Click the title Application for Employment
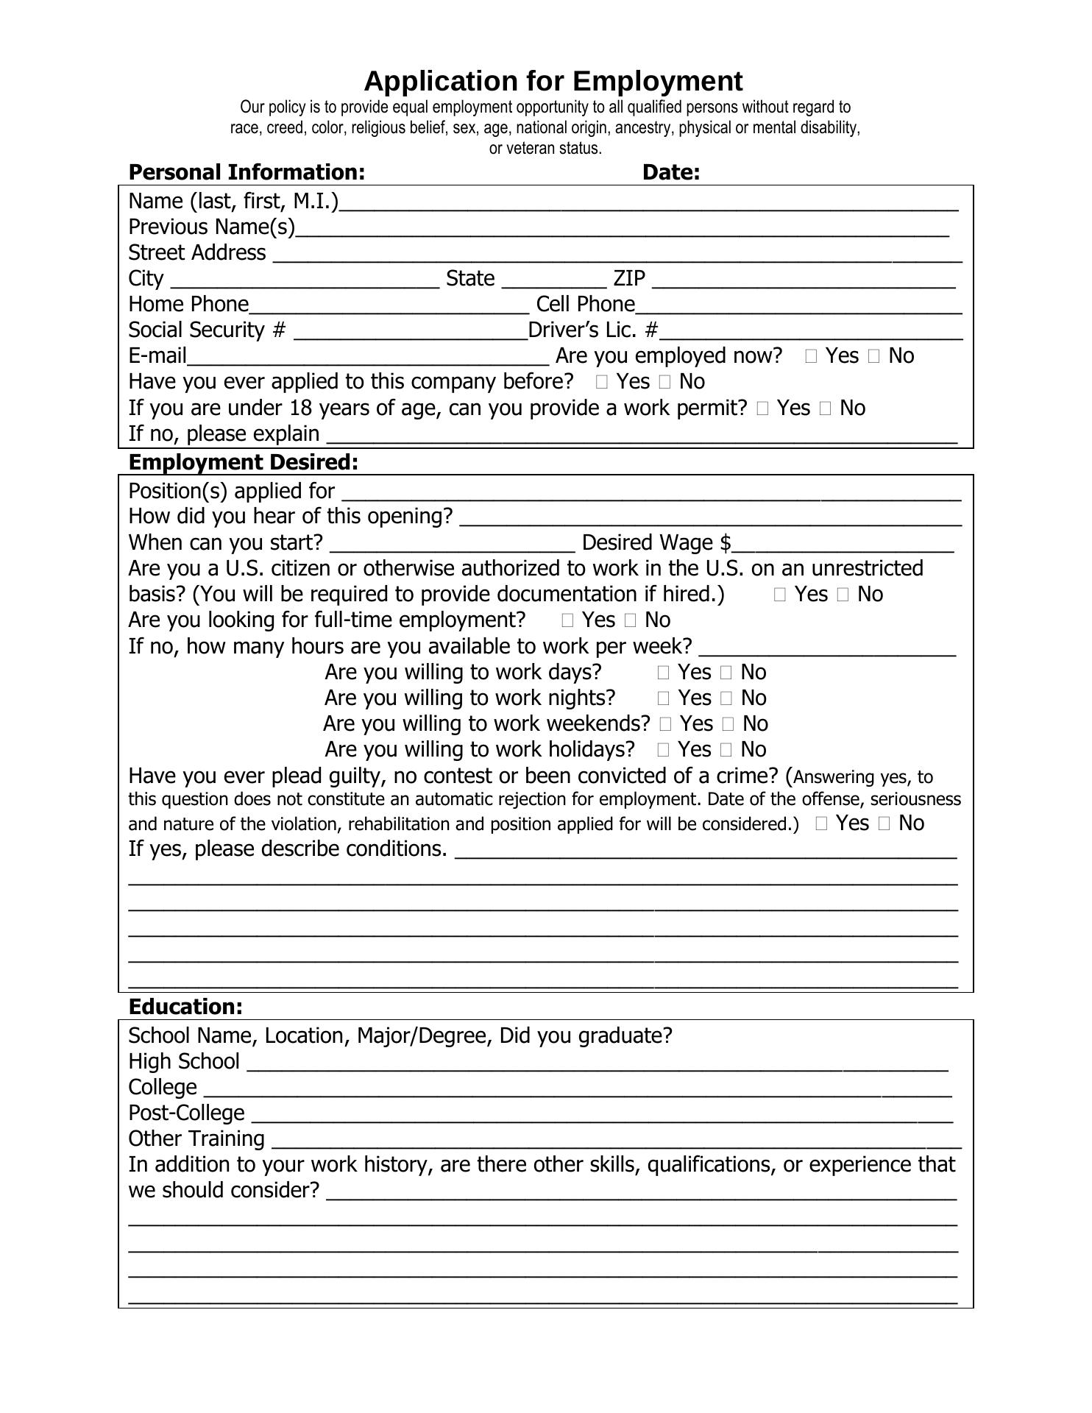(x=553, y=81)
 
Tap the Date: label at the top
(x=670, y=172)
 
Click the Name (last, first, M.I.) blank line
(x=648, y=203)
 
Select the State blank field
(x=553, y=280)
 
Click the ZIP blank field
(x=804, y=280)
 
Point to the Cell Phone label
(x=585, y=304)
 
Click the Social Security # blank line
(x=411, y=332)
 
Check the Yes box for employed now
(x=811, y=357)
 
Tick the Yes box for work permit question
(x=762, y=408)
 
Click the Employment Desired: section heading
(x=243, y=462)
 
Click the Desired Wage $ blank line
(x=843, y=545)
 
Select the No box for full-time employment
(x=631, y=620)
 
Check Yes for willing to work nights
(x=663, y=698)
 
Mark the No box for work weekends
(x=728, y=724)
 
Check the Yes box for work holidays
(x=663, y=750)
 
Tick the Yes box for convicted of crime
(x=822, y=824)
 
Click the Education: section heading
(x=185, y=1007)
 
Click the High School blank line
(x=598, y=1063)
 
